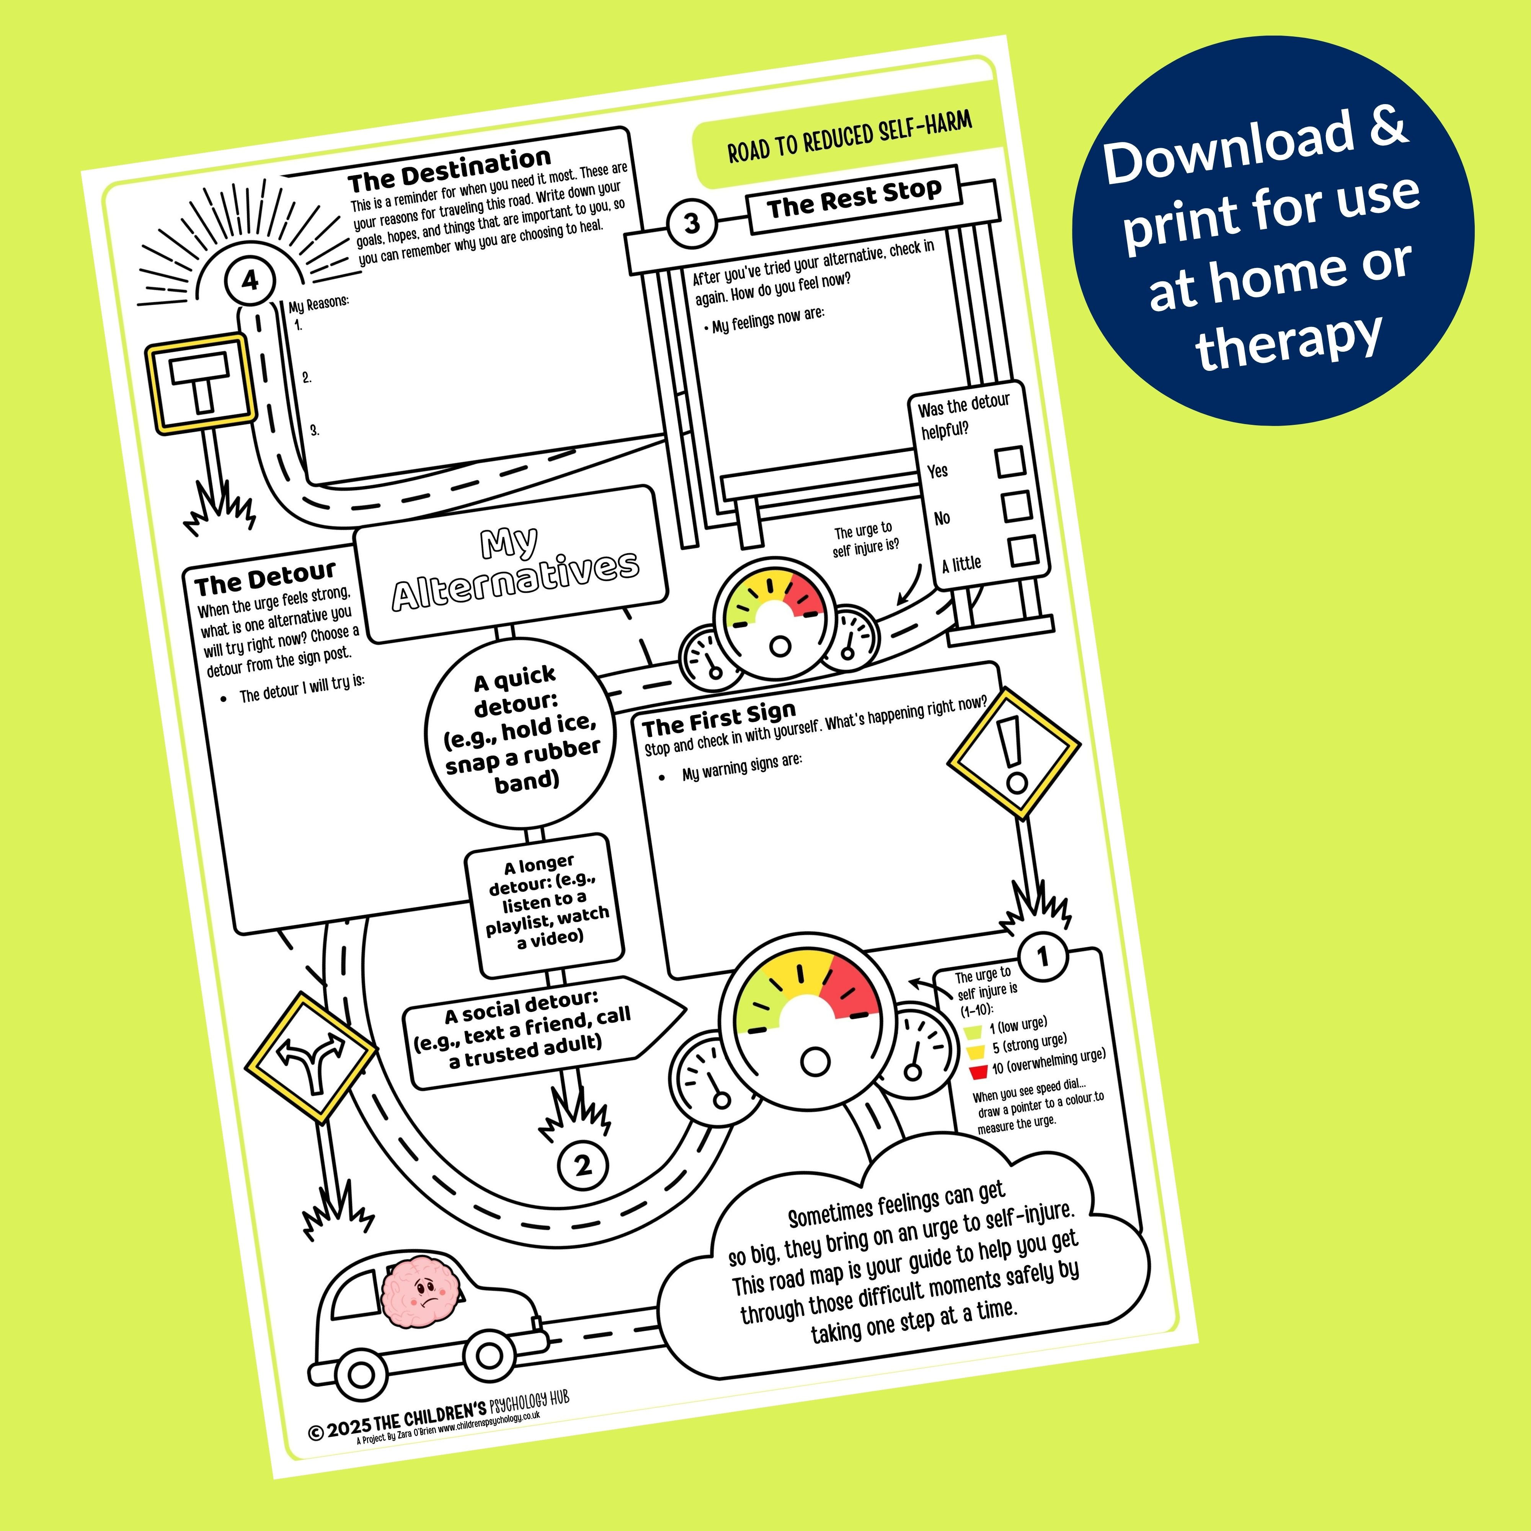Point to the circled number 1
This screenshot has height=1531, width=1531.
[1043, 957]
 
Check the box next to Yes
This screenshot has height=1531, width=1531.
[1010, 461]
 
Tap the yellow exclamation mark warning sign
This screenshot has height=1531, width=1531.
[1014, 753]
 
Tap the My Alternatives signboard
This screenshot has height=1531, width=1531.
[512, 563]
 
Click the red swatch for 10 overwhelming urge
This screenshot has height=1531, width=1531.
[979, 1072]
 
